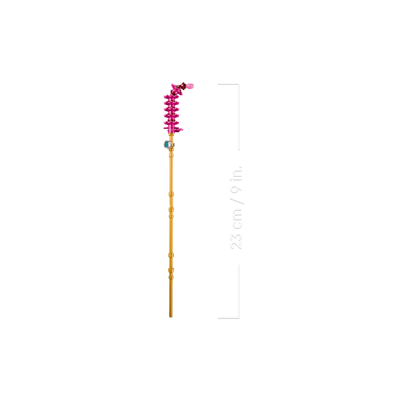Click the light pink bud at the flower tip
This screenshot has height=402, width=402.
pyautogui.click(x=191, y=86)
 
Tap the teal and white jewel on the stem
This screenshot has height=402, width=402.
pyautogui.click(x=167, y=145)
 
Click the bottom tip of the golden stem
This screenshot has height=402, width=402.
pyautogui.click(x=171, y=317)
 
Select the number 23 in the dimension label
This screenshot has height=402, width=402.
pyautogui.click(x=236, y=241)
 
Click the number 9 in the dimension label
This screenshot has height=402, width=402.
pyautogui.click(x=236, y=189)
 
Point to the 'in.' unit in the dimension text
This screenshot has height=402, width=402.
pyautogui.click(x=236, y=173)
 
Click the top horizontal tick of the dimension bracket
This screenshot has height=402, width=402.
pyautogui.click(x=228, y=84)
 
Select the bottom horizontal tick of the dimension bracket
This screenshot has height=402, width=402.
pyautogui.click(x=228, y=318)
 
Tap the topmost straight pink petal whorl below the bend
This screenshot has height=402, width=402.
pyautogui.click(x=172, y=97)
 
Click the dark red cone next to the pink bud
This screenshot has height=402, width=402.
pyautogui.click(x=183, y=86)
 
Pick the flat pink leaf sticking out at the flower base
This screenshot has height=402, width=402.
pyautogui.click(x=179, y=130)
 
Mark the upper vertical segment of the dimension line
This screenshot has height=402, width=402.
pyautogui.click(x=239, y=117)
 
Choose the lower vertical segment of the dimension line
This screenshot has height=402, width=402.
pyautogui.click(x=239, y=291)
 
